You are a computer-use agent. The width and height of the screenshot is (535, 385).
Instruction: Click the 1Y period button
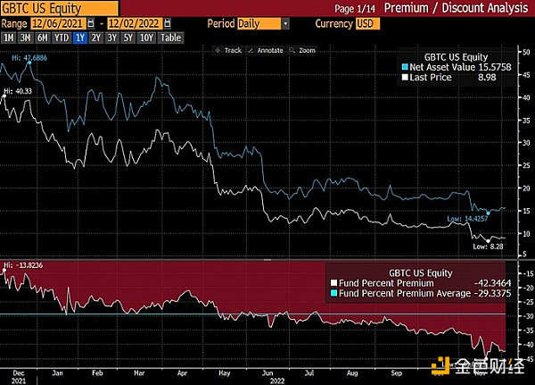point(80,39)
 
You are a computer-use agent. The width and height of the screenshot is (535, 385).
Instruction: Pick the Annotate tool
point(267,51)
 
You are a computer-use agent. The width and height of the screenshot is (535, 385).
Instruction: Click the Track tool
point(230,51)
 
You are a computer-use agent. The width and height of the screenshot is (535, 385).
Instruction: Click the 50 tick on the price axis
point(527,50)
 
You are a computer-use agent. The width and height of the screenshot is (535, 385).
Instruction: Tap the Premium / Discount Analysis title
point(467,7)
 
